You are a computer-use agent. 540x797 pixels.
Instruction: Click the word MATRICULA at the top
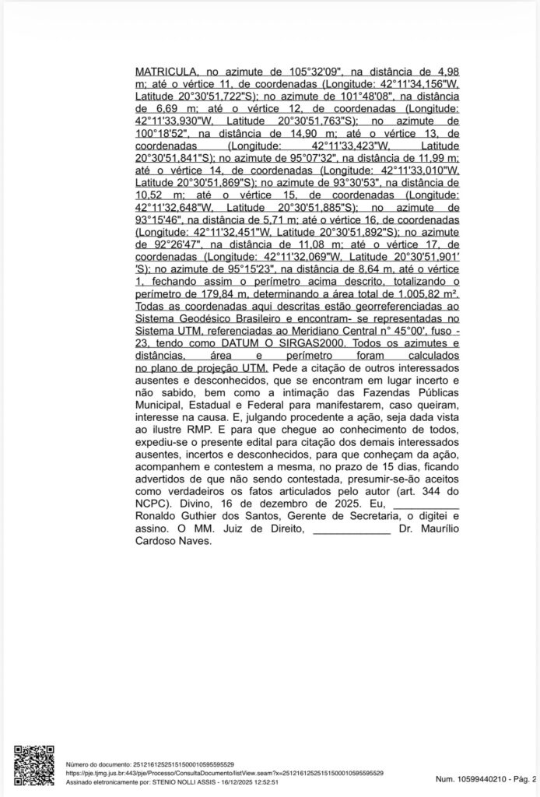pyautogui.click(x=163, y=70)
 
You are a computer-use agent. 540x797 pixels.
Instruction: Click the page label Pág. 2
pyautogui.click(x=524, y=778)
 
